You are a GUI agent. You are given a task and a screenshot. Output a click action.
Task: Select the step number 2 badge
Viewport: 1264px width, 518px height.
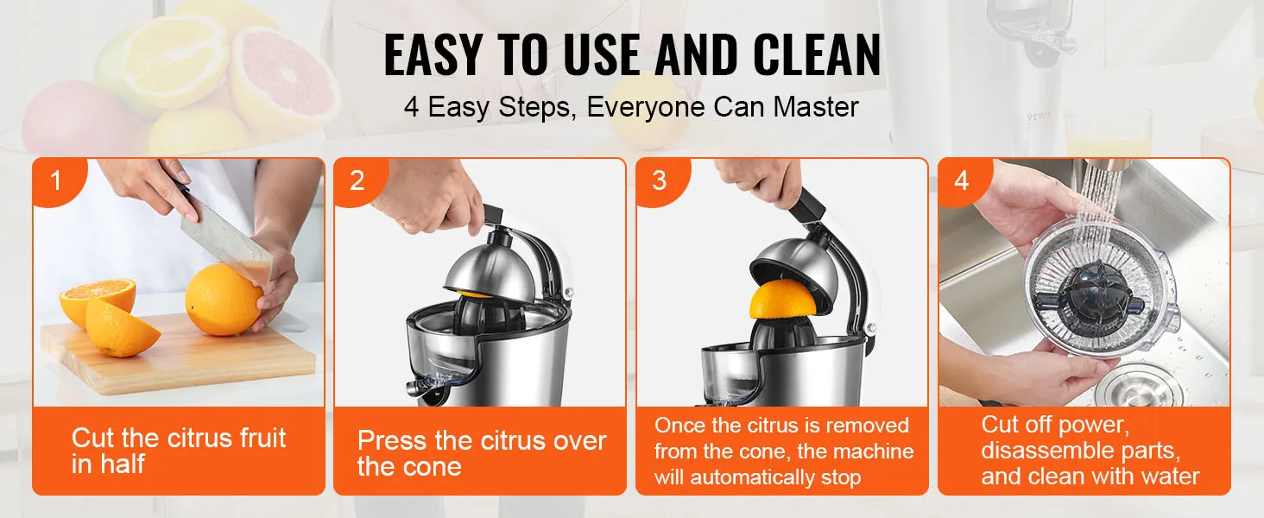(x=357, y=181)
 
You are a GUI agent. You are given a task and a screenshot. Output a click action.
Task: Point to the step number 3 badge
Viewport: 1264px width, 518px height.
(x=660, y=181)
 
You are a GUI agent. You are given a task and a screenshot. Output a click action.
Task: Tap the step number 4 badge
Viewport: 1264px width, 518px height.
(x=962, y=181)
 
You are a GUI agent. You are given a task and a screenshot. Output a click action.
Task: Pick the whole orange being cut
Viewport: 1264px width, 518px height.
(x=224, y=300)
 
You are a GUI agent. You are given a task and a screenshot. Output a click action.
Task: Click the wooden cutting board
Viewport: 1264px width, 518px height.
(x=178, y=357)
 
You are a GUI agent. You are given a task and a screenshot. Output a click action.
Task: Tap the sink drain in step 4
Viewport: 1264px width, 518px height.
(x=1138, y=387)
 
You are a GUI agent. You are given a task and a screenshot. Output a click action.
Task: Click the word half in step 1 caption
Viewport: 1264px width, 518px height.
(x=123, y=464)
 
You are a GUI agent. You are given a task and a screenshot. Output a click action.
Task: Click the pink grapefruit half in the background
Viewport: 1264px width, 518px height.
(x=284, y=74)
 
